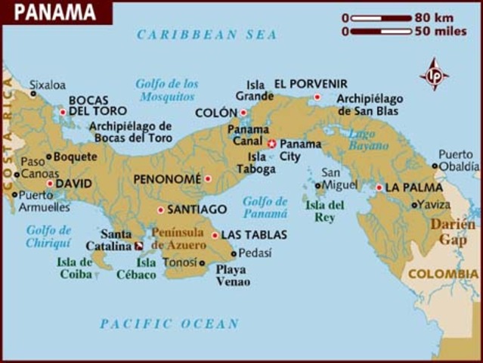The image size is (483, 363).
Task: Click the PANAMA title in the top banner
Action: coord(55,12)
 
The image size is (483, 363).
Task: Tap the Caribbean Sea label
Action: coord(206,35)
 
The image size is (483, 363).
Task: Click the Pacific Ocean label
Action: coord(169,324)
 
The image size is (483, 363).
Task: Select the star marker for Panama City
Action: coord(271,143)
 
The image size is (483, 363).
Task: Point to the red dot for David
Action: coord(50,183)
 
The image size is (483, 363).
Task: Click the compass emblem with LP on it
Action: coord(434,75)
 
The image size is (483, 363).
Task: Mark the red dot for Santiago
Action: coord(160,209)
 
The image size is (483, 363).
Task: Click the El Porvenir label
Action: coord(311,84)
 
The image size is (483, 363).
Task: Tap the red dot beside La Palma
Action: coord(379,188)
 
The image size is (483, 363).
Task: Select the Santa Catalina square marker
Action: coord(138,246)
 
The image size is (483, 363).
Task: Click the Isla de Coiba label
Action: coord(74,268)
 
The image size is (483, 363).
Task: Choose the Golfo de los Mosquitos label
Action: coord(167,89)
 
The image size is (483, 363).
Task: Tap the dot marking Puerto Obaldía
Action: coord(435,166)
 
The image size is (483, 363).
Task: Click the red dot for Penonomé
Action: coord(208,179)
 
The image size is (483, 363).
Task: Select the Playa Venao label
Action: coord(232,275)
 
